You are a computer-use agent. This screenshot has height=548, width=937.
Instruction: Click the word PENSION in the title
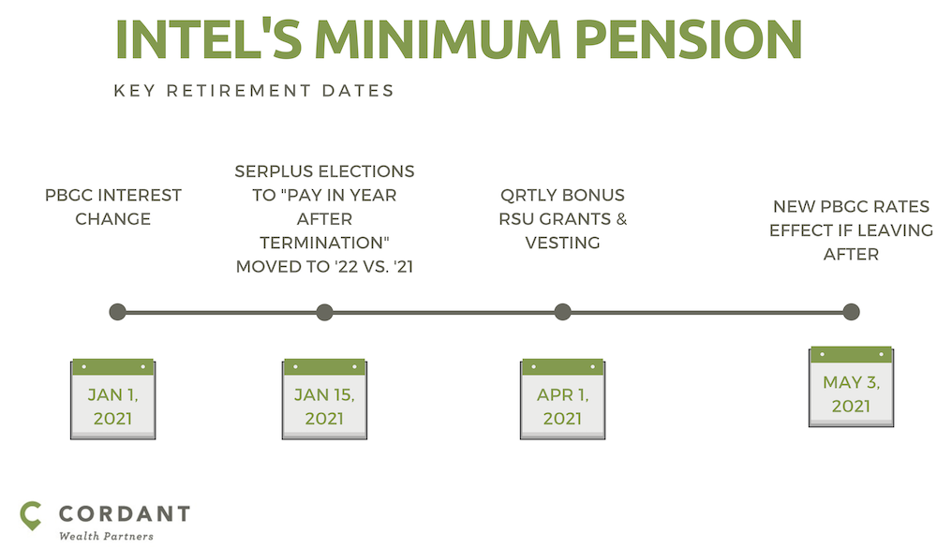point(689,39)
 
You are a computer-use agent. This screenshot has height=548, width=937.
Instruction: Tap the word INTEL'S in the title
point(209,39)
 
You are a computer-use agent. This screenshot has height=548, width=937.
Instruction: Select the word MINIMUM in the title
point(438,39)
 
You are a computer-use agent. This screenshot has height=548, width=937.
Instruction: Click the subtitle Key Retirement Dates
point(254,91)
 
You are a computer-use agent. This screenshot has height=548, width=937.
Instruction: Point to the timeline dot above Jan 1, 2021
point(118,312)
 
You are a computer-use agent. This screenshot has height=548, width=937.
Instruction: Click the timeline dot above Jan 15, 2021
point(324,312)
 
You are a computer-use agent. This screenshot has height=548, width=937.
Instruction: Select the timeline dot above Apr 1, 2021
point(562,312)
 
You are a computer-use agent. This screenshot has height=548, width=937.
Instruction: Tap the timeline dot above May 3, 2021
point(851,312)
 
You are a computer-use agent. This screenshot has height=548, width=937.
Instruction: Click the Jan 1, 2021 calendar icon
point(113,399)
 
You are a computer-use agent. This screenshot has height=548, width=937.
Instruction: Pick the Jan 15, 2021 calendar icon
point(324,399)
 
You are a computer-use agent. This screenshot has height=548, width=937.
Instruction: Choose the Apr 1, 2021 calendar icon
point(562,399)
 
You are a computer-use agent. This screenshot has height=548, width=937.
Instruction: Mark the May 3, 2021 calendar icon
point(851,387)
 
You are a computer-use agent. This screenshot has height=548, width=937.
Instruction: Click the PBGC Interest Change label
point(113,207)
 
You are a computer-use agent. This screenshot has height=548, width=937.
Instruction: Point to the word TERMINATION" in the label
point(324,243)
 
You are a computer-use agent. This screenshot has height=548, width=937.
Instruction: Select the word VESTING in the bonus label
point(562,243)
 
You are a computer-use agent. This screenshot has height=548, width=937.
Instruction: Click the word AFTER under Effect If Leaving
point(851,255)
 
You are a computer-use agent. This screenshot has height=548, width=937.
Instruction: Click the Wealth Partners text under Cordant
point(107,536)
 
